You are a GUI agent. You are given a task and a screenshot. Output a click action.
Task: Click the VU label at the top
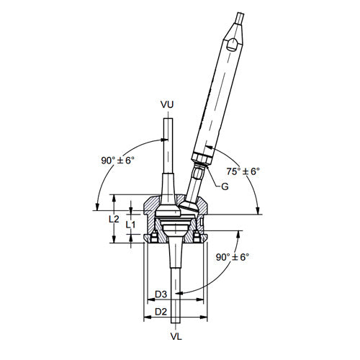tap(167, 105)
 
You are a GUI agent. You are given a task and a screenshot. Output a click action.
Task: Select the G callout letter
tap(225, 186)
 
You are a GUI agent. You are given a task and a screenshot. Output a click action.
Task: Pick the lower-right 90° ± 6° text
tap(231, 257)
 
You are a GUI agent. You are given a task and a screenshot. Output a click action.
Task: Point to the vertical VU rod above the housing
tap(167, 144)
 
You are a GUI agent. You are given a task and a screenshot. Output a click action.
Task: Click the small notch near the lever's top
tap(232, 46)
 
